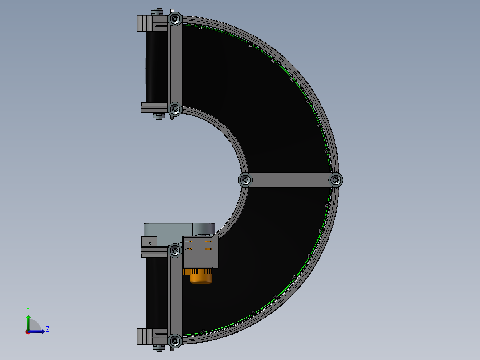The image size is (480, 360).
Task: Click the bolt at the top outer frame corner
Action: [175, 19]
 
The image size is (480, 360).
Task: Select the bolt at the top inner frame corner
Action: [175, 109]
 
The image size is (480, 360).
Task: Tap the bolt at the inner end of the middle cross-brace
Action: [245, 180]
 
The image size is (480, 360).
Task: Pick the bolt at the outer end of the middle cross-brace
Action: [336, 180]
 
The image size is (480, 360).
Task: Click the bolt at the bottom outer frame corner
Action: [175, 341]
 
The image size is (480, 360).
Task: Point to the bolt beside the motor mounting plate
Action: [175, 251]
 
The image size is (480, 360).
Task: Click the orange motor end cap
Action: [201, 278]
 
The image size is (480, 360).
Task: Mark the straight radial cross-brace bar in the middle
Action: [290, 180]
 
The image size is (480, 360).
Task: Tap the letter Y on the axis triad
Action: [28, 310]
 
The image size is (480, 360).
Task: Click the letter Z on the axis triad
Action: [47, 329]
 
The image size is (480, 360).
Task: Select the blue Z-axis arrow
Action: [37, 331]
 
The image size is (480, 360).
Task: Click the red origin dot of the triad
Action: [28, 331]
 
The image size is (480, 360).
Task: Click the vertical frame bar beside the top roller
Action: [175, 65]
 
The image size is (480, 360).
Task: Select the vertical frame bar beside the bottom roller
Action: [175, 296]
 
